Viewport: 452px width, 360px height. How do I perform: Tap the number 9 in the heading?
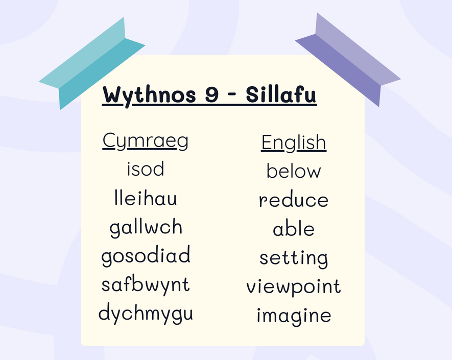[x=212, y=94]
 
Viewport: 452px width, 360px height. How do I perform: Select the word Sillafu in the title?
[x=281, y=94]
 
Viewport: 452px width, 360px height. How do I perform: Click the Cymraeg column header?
[x=145, y=141]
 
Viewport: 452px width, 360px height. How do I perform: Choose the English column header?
[x=294, y=142]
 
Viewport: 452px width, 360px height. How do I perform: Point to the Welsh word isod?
[x=146, y=169]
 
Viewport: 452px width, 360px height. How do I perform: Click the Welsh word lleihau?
[x=146, y=198]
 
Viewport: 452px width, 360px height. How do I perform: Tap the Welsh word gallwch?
[x=146, y=228]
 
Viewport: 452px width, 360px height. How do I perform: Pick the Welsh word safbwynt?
[x=146, y=285]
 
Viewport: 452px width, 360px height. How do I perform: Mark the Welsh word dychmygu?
[x=146, y=314]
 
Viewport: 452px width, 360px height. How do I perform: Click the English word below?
[x=294, y=171]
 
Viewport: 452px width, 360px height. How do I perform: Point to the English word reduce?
[x=294, y=200]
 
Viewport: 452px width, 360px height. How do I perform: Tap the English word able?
[x=294, y=229]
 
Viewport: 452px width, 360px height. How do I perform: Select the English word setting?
[x=294, y=258]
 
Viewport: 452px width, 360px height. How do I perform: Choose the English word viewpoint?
[x=294, y=287]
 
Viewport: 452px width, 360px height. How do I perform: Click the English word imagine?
[x=294, y=316]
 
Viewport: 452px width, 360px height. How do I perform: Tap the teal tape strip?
[x=92, y=63]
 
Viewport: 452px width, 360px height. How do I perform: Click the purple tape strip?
[x=348, y=60]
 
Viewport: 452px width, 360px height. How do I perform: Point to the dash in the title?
[x=232, y=95]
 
